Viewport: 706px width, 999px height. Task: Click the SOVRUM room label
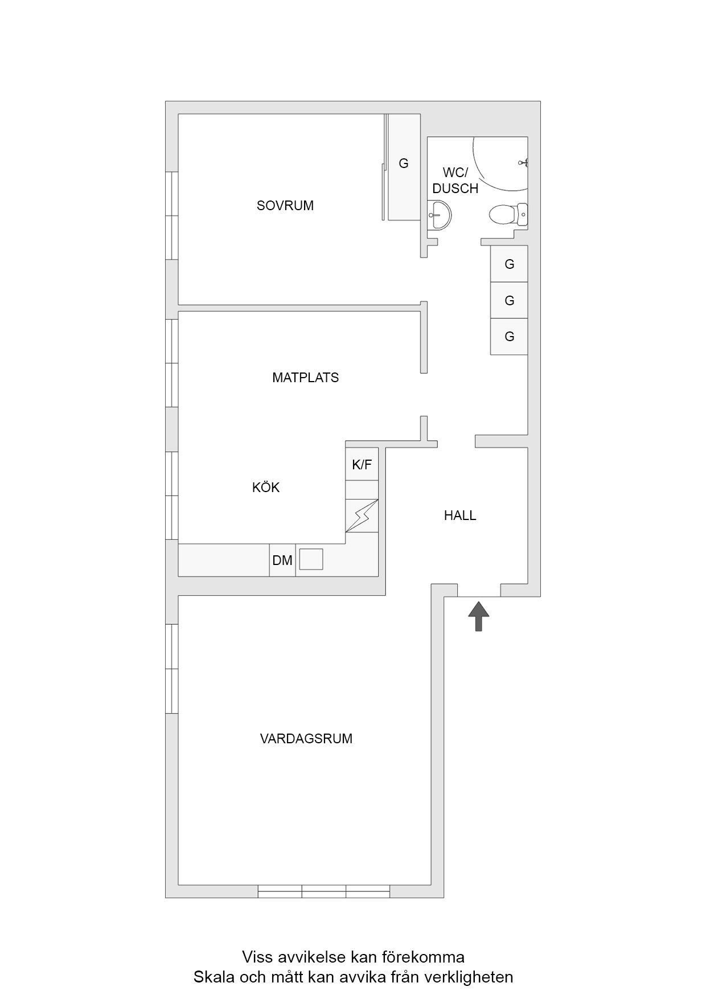pos(285,206)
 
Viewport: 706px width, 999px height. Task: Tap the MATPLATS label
pos(305,378)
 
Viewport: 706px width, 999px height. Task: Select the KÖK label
pos(266,488)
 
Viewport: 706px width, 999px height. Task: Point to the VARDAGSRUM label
pos(306,739)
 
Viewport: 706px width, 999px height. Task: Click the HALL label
pos(460,515)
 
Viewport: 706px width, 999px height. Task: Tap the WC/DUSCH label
pos(455,181)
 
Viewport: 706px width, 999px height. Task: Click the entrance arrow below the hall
pos(479,617)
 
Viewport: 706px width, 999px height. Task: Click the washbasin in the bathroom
pos(440,215)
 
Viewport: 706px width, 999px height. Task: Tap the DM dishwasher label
pos(282,560)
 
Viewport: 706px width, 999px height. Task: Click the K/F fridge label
pos(362,465)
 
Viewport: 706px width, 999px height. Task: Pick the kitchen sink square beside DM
pos(311,559)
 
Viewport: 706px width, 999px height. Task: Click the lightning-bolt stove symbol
pos(362,516)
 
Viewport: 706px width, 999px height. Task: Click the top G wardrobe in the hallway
pos(509,264)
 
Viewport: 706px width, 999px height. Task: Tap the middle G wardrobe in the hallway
pos(509,300)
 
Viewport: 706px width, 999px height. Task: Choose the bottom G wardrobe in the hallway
pos(509,337)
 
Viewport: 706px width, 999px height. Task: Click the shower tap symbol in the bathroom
pos(524,163)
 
